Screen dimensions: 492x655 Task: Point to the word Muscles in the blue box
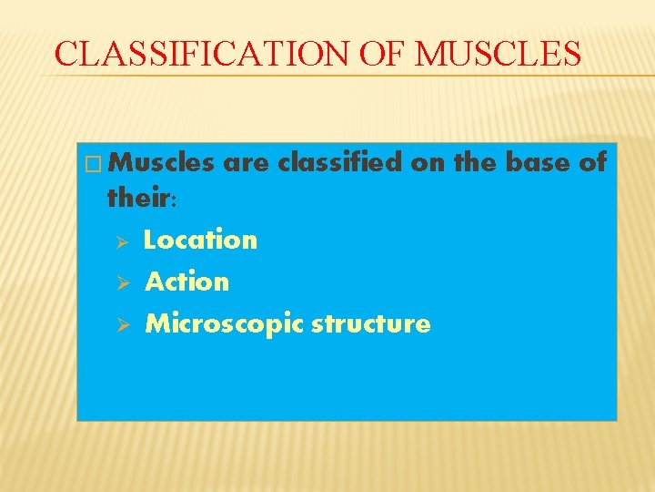click(166, 162)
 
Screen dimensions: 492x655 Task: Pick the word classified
click(340, 162)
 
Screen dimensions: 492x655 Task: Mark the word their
click(136, 196)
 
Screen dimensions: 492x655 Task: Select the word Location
click(201, 240)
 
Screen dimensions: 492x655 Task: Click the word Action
click(187, 282)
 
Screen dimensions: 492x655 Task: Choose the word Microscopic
click(225, 324)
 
